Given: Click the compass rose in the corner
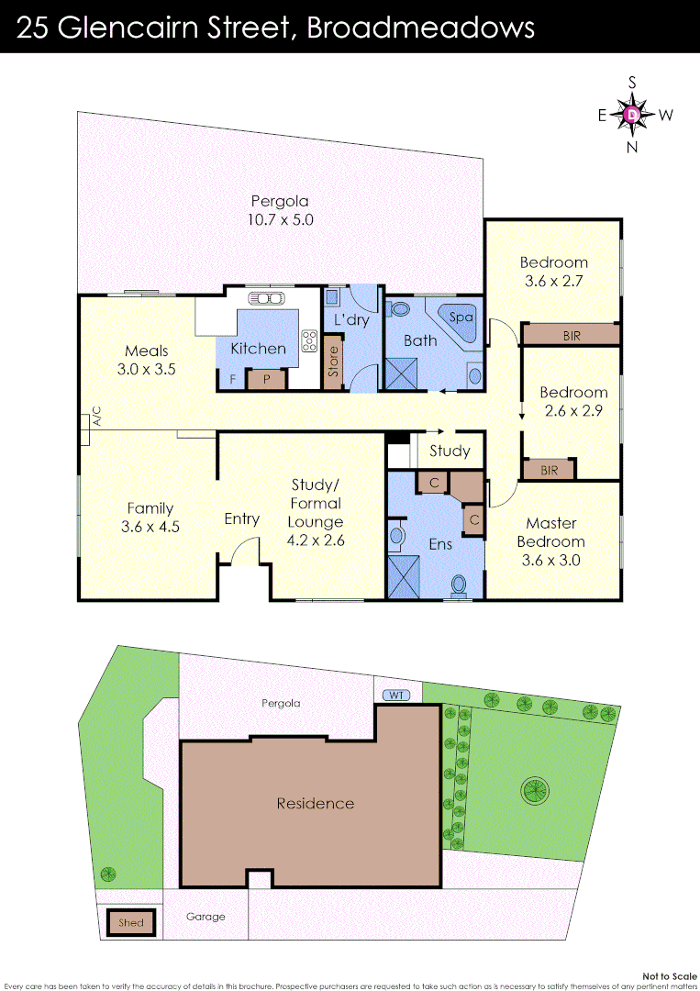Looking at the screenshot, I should click(x=633, y=115).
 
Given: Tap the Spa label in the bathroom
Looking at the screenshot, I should click(x=462, y=317).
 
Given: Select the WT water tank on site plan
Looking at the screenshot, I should click(x=396, y=695).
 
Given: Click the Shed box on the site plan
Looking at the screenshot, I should click(x=131, y=922).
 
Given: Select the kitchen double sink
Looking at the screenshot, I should click(x=268, y=297).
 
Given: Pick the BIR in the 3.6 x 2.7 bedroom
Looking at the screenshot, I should click(x=571, y=335).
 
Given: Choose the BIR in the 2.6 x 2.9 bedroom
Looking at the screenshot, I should click(x=549, y=469).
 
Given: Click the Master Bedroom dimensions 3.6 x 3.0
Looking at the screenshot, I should click(x=552, y=560).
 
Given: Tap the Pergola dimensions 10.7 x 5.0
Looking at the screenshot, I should click(x=280, y=219).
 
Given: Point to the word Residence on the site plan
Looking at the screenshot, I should click(x=315, y=803).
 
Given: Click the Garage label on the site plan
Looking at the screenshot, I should click(x=206, y=916).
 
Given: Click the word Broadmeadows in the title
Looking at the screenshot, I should click(x=421, y=28).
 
